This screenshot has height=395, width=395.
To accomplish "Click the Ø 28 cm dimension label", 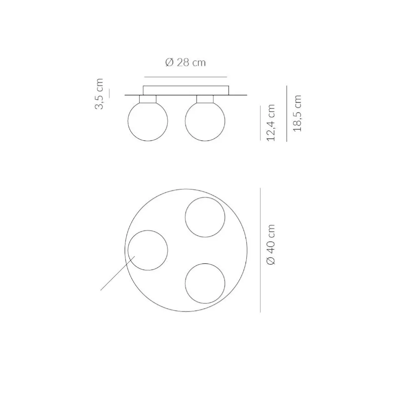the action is point(185,62).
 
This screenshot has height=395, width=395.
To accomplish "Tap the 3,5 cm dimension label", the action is point(99,94).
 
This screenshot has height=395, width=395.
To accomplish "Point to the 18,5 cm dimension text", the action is point(297,113).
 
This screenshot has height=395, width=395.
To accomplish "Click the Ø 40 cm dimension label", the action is point(271,244).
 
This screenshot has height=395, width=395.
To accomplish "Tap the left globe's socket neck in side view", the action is point(148,99).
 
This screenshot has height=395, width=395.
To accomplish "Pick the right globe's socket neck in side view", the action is point(205,99).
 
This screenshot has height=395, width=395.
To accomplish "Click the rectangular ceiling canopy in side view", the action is point(186,86).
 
